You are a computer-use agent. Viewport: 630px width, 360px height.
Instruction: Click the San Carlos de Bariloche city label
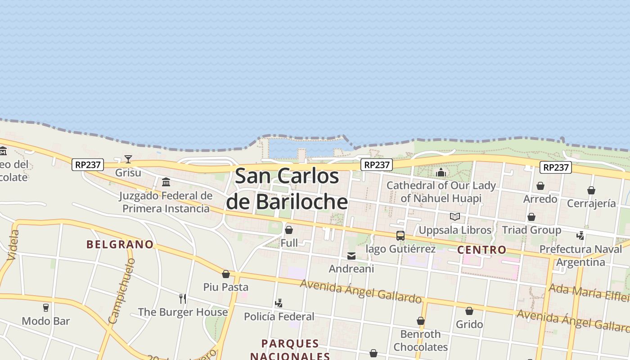(x=287, y=189)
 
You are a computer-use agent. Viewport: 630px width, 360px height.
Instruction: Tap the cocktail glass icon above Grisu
(x=128, y=159)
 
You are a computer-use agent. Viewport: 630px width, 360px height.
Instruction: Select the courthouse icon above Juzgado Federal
(x=166, y=182)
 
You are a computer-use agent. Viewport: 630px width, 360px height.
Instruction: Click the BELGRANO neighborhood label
(x=120, y=244)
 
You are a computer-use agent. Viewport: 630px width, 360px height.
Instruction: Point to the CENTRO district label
(x=481, y=250)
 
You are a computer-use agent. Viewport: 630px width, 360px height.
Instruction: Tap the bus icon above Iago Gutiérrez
(x=400, y=235)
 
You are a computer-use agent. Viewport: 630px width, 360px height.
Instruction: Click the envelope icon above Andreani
(x=351, y=256)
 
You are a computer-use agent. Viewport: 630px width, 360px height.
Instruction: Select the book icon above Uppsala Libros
(x=455, y=217)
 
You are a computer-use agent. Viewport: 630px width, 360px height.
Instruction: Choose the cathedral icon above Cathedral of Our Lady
(x=441, y=172)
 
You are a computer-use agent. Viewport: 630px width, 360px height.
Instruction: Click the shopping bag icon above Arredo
(x=540, y=186)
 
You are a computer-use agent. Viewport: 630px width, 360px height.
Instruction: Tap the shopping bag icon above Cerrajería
(x=591, y=190)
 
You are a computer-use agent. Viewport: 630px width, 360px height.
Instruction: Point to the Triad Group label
(x=531, y=230)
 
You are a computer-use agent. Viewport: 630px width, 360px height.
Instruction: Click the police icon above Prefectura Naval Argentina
(x=580, y=235)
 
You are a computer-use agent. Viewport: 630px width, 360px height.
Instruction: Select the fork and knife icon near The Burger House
(x=183, y=298)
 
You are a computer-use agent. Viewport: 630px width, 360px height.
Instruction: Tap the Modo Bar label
(x=46, y=321)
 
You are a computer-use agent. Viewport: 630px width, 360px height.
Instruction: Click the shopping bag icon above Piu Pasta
(x=226, y=274)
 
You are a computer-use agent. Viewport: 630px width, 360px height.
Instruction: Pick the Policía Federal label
(x=279, y=316)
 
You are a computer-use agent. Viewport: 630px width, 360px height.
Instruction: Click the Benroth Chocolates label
(x=421, y=340)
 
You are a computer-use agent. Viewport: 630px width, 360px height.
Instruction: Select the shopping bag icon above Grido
(x=469, y=311)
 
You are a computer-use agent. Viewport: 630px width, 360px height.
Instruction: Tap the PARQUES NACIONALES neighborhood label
(x=290, y=350)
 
